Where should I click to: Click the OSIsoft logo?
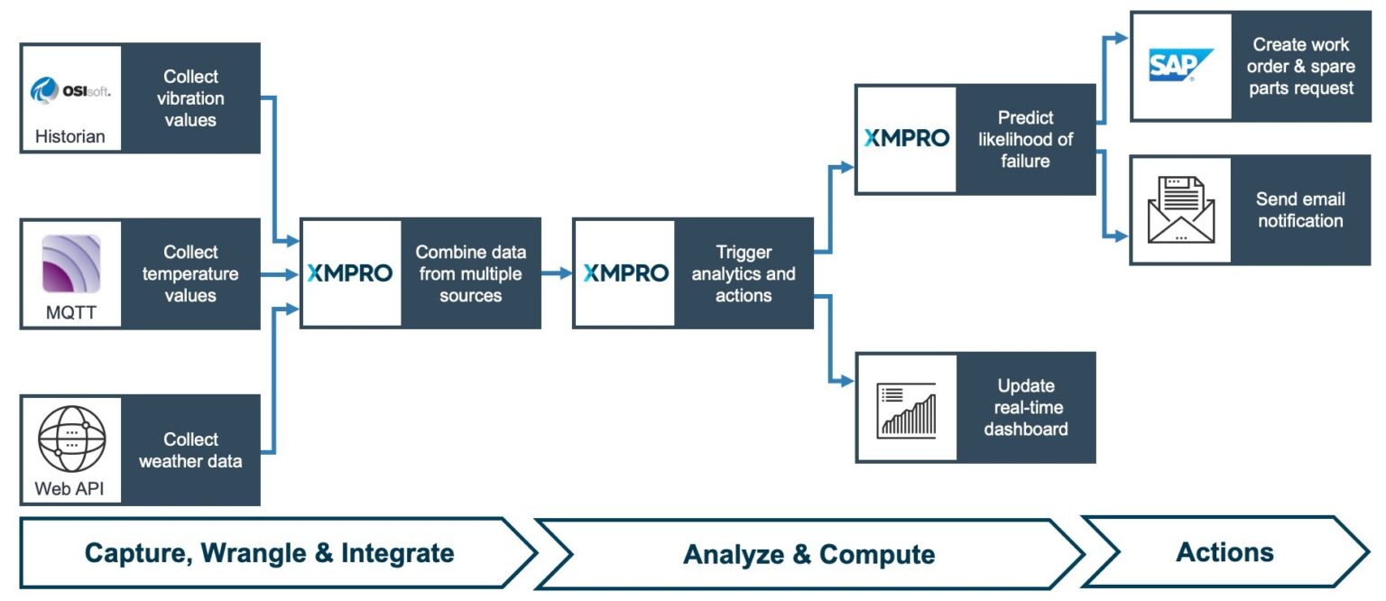tap(70, 90)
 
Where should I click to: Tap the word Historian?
tap(70, 137)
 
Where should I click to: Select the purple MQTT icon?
tap(71, 264)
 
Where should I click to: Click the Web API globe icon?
tap(71, 439)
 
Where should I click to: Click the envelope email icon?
tap(1181, 210)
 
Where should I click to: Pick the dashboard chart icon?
tap(907, 409)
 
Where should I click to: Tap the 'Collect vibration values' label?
tap(190, 98)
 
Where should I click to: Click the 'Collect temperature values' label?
tap(190, 273)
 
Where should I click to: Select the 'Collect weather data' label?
tap(190, 450)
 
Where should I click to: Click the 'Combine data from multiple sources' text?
tap(470, 273)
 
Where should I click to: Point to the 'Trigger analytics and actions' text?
tap(744, 273)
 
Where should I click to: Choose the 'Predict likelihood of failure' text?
tap(1025, 139)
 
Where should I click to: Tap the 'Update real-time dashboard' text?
tap(1025, 408)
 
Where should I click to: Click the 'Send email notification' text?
tap(1299, 210)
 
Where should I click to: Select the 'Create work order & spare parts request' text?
tap(1299, 66)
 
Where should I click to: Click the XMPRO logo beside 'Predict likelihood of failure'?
tap(907, 138)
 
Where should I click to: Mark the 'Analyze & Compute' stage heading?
tap(808, 554)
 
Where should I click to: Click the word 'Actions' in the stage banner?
tap(1224, 551)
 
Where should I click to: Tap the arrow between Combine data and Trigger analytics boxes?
tap(557, 273)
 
